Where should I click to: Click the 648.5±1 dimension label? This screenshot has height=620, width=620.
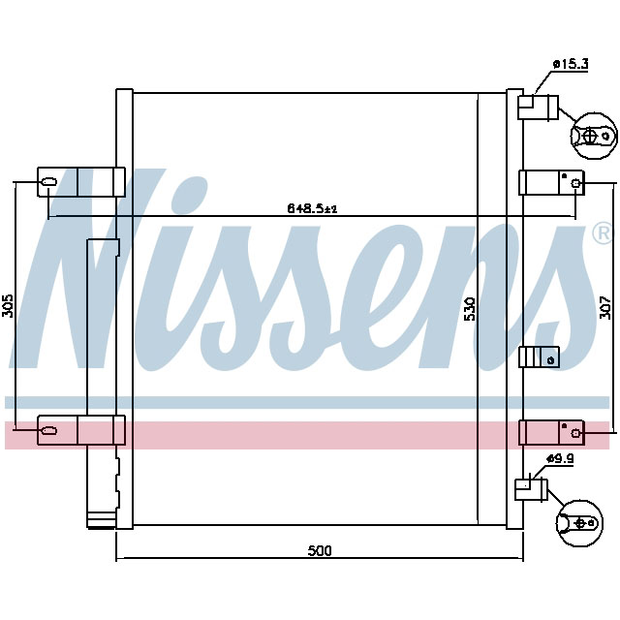(311, 207)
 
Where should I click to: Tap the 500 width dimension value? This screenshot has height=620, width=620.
(320, 550)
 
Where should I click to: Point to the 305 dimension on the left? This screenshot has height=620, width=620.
(8, 306)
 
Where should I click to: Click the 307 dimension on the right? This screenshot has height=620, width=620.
(607, 307)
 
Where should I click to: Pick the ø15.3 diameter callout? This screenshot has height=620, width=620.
(571, 64)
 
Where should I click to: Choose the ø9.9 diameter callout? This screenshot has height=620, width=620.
(561, 458)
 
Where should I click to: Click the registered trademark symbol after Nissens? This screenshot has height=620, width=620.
(602, 233)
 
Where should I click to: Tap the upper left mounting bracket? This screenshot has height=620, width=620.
(81, 181)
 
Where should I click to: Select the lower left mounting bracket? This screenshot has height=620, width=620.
(81, 429)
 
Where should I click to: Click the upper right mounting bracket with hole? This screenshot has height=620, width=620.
(550, 182)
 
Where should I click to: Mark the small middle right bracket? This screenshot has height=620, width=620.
(539, 357)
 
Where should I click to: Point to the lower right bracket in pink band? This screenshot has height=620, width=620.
(550, 431)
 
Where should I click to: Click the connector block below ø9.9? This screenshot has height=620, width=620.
(532, 485)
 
